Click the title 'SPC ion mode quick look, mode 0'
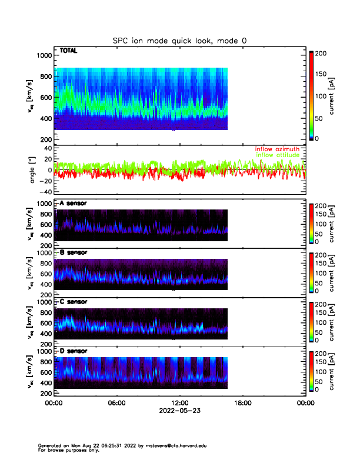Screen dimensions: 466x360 click(x=179, y=40)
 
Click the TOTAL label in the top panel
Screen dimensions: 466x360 click(x=69, y=51)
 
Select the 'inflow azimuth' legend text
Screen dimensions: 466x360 click(x=277, y=149)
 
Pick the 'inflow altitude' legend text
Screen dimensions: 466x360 click(x=278, y=155)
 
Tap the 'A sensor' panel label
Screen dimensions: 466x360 click(x=72, y=204)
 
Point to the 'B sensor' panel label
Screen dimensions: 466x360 click(x=73, y=252)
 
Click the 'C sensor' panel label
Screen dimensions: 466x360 click(x=73, y=302)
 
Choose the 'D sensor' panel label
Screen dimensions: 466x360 click(x=73, y=351)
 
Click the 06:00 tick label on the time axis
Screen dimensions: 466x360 click(x=116, y=403)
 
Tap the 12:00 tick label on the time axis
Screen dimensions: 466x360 click(x=179, y=403)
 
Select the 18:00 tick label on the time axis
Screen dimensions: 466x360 click(x=243, y=403)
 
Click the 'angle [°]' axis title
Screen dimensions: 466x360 click(x=33, y=170)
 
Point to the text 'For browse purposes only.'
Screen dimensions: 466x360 click(x=64, y=450)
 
